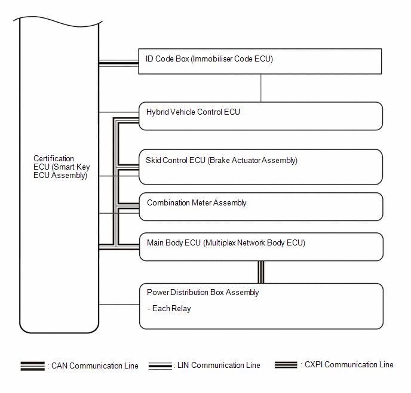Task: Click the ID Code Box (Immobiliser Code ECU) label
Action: tap(209, 59)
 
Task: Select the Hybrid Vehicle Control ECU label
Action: tap(193, 112)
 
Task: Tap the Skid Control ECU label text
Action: tap(222, 160)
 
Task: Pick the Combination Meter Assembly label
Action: tap(197, 203)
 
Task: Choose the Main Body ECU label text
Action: tap(226, 243)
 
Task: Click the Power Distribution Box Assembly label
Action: tap(203, 293)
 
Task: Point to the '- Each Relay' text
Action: tap(169, 309)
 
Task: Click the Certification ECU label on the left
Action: tap(62, 167)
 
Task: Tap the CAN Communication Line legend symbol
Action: tap(33, 366)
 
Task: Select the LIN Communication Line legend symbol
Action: tap(160, 366)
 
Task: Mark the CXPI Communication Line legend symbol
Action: tap(286, 365)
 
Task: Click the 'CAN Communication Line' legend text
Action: tap(94, 366)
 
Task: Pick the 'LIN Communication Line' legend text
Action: tap(219, 366)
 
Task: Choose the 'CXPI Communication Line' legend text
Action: tap(349, 365)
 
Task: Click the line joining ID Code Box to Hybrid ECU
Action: tap(261, 88)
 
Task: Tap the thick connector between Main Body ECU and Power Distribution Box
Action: tap(261, 272)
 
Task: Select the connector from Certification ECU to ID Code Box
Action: tap(119, 63)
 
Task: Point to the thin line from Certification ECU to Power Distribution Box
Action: tap(119, 305)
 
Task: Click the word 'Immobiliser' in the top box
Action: tap(212, 59)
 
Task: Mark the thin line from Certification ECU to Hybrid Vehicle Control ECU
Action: tap(119, 112)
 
